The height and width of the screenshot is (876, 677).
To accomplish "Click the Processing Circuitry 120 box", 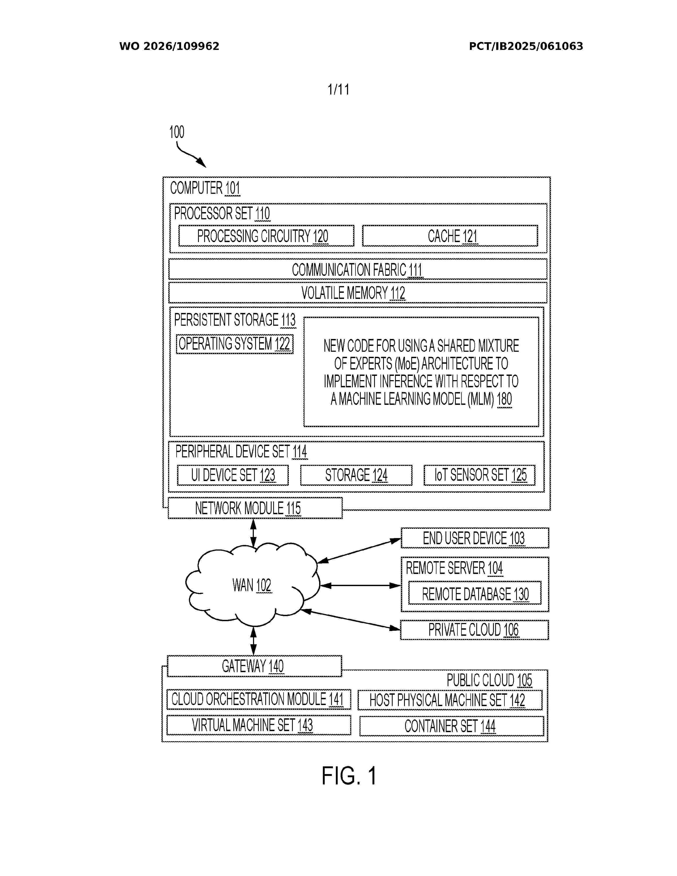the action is tap(266, 236).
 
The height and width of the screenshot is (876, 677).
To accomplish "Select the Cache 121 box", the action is tap(450, 236).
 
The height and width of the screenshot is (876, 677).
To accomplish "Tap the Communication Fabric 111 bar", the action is tap(358, 269).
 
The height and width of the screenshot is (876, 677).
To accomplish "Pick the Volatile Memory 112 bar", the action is tap(358, 293).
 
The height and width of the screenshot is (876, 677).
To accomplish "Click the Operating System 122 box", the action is tap(235, 344).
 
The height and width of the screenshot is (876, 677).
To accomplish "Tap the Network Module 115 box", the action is tap(255, 508).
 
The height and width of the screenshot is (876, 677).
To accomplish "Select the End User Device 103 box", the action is tap(475, 538).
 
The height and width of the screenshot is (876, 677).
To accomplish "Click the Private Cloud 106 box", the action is tap(474, 630).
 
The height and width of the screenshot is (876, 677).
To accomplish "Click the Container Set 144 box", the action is tap(452, 726).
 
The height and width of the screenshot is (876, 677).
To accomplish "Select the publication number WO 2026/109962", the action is tap(169, 46).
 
